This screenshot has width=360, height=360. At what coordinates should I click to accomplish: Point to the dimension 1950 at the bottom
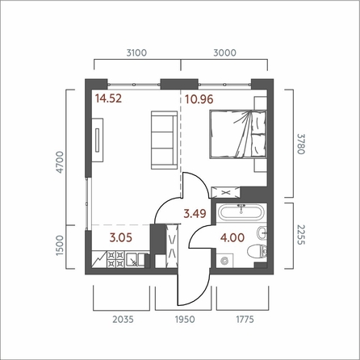point(185,320)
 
